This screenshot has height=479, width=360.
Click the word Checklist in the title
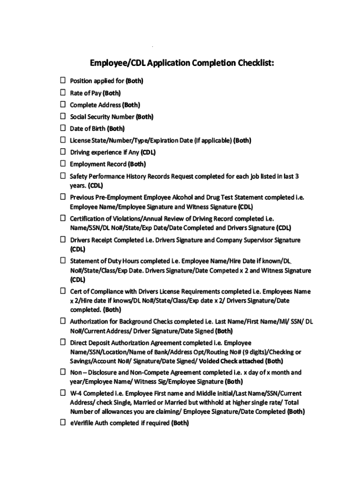pos(252,63)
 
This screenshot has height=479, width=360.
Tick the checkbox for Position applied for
pos(62,80)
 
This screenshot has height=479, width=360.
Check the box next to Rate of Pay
pos(62,93)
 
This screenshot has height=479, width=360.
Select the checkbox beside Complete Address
pos(62,104)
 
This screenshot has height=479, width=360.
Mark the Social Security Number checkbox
pos(62,116)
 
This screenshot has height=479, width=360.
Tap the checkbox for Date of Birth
pos(62,128)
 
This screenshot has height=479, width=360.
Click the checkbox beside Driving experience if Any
pos(62,152)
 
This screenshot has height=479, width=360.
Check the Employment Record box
pos(62,164)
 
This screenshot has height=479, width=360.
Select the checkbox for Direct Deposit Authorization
pos(62,342)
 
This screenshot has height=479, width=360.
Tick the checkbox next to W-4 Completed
pos(62,392)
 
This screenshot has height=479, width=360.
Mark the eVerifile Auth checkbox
pos(62,422)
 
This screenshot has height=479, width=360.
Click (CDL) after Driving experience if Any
pos(148,152)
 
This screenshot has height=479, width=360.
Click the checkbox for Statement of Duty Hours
pos(62,260)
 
